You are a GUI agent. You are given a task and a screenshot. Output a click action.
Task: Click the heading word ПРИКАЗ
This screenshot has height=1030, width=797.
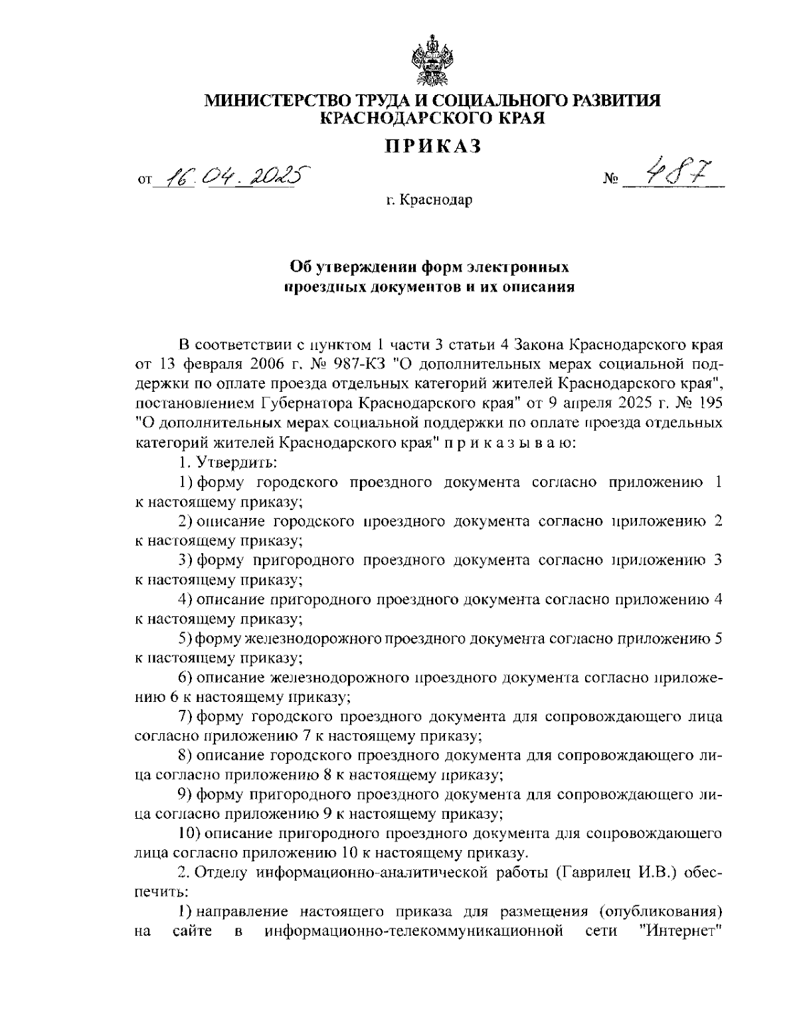[x=432, y=146]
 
